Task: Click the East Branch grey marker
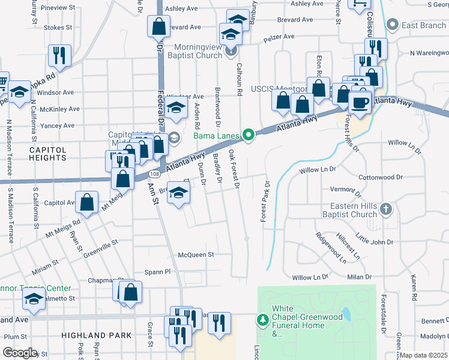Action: click(393, 25)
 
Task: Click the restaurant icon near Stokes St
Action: click(59, 55)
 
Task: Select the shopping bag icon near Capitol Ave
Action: click(87, 203)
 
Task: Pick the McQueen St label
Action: click(196, 254)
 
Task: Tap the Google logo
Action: click(20, 353)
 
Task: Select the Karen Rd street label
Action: click(414, 287)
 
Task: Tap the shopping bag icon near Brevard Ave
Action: click(158, 26)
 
